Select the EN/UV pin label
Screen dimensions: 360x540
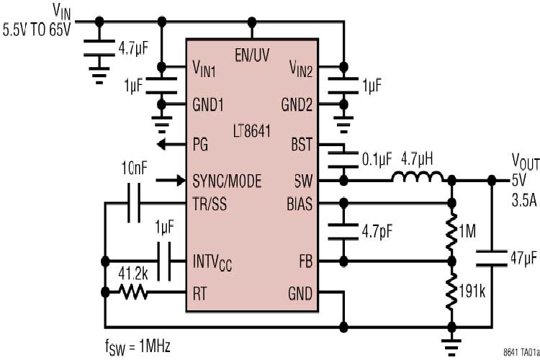pos(251,55)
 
